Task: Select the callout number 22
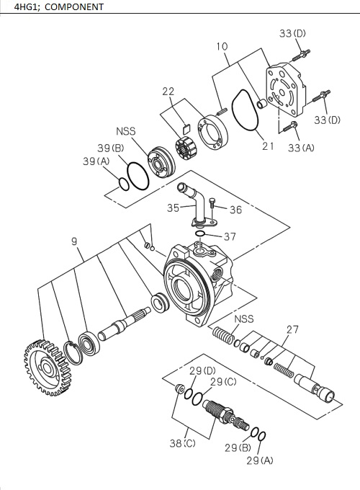tap(168, 91)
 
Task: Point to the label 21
tap(268, 146)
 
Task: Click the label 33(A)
tap(302, 147)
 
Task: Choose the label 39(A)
tap(95, 161)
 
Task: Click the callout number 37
tap(229, 236)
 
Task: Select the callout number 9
tap(74, 242)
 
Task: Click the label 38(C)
tap(183, 443)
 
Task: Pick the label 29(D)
tap(202, 370)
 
